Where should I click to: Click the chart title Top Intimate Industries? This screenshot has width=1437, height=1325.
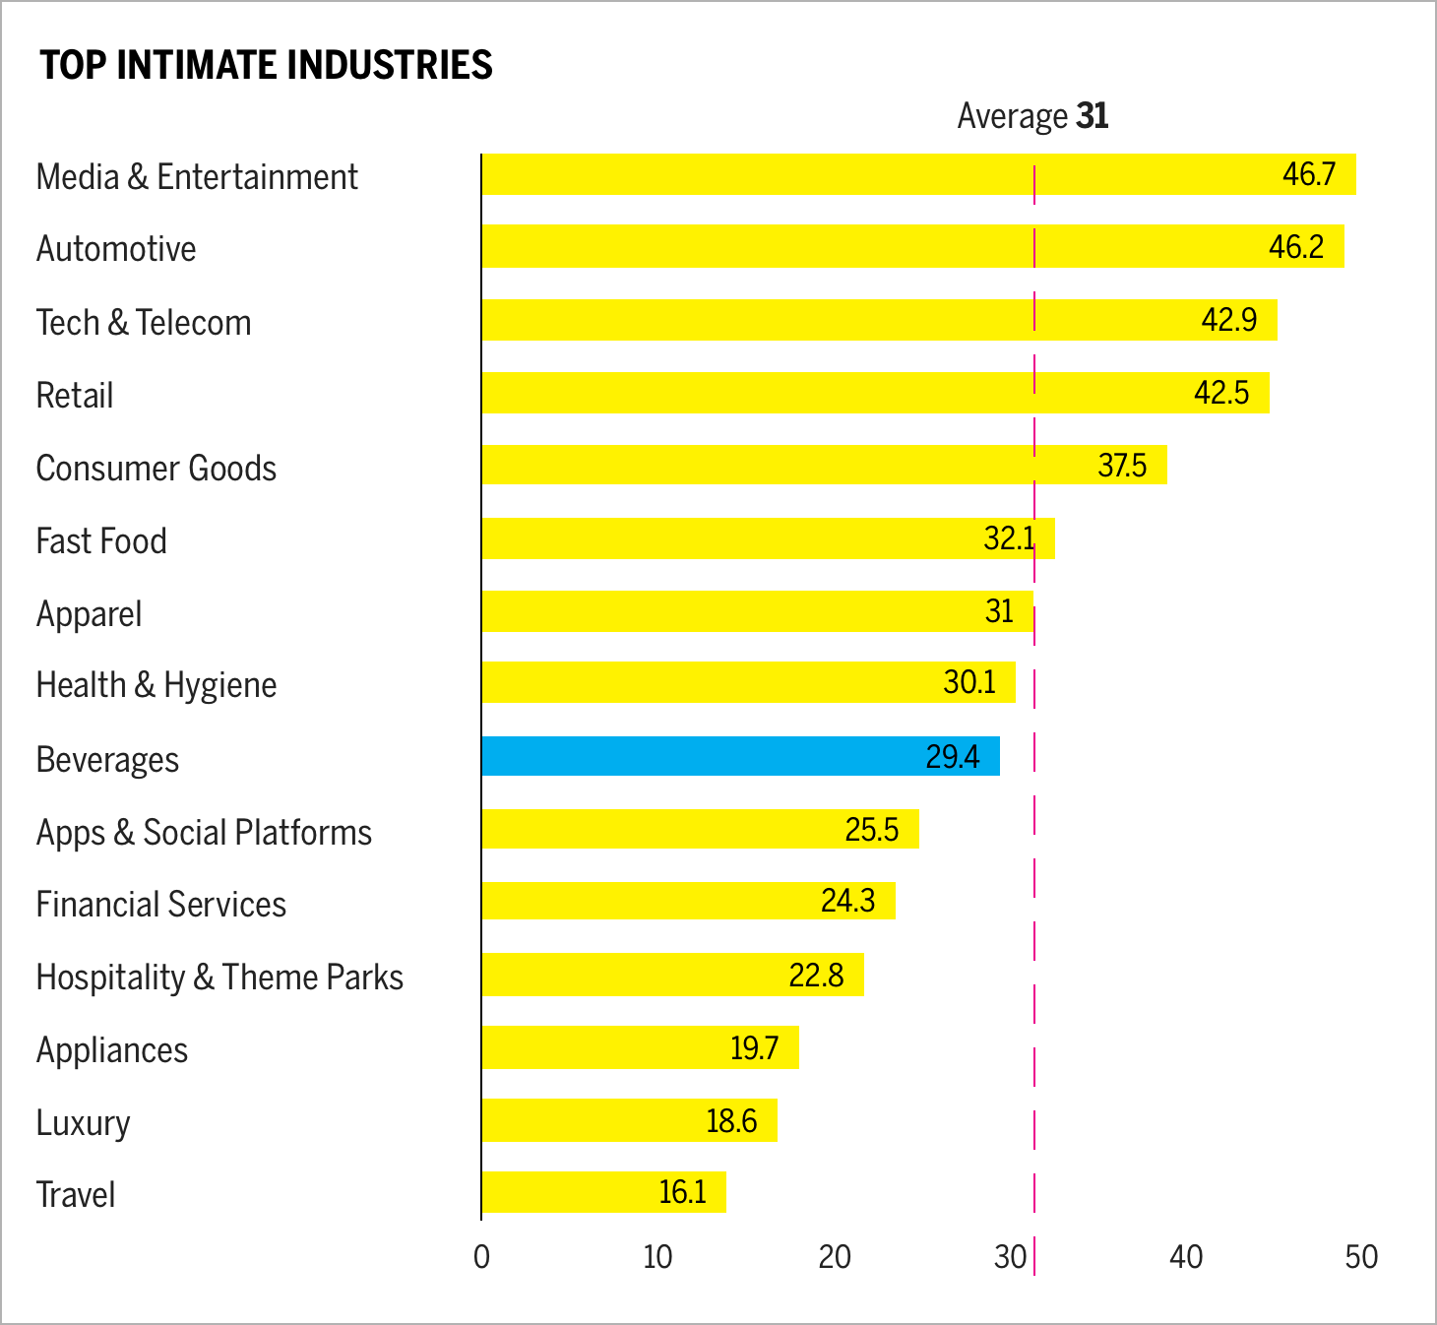(266, 65)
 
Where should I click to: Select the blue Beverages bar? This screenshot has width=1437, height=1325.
(740, 756)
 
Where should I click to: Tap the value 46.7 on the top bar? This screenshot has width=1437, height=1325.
(1308, 174)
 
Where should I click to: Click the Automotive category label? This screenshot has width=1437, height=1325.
(116, 249)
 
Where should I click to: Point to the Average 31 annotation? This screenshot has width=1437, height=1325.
(1032, 116)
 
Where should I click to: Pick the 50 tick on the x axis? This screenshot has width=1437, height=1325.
(1361, 1257)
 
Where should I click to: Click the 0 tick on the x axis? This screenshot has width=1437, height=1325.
(481, 1257)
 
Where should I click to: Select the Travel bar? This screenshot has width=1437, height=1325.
(603, 1192)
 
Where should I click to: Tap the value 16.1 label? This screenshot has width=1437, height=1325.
(682, 1192)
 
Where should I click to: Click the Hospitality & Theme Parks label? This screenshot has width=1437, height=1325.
(219, 978)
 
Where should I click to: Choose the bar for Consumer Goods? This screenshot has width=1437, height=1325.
(824, 465)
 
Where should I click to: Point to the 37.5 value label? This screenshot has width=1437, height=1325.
(1122, 465)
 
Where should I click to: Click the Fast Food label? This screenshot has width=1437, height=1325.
(101, 541)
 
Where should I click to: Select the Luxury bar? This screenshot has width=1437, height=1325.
(629, 1120)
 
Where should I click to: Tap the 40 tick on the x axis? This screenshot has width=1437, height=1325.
(1186, 1257)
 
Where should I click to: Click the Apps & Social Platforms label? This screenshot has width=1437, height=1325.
(204, 833)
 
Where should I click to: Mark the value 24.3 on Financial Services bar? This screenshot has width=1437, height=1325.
(847, 901)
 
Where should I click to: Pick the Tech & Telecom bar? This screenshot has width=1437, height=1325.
(879, 320)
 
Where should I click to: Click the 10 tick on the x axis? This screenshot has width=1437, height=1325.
(657, 1257)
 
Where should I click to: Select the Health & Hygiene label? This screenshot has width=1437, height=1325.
(156, 685)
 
